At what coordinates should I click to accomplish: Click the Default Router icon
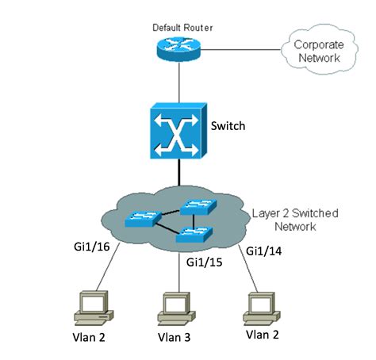coord(178,49)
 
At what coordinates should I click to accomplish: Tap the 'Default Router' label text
coord(182,28)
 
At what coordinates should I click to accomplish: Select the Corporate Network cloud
coord(320,52)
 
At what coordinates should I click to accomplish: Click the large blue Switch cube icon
coord(178,131)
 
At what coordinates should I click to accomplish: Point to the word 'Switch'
coord(228,126)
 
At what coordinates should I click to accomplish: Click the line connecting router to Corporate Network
coord(240,49)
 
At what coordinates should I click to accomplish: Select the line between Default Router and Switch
coord(179,82)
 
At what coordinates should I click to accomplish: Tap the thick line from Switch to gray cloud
coord(179,172)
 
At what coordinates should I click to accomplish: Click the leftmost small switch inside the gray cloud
coord(143,218)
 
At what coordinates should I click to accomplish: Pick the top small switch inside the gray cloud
coord(198,207)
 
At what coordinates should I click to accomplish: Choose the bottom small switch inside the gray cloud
coord(194,235)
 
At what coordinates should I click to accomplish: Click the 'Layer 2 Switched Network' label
coord(295,220)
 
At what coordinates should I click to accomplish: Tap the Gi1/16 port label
coord(92,247)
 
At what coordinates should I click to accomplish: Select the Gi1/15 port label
coord(204,262)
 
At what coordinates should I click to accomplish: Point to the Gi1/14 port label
coord(263,251)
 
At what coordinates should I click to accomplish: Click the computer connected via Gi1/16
coord(94,308)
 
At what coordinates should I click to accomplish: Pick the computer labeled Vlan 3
coord(176,309)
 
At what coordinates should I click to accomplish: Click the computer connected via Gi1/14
coord(262,308)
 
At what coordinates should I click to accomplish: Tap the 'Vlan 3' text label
coord(174,337)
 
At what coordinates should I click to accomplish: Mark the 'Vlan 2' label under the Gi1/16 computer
coord(89,337)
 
